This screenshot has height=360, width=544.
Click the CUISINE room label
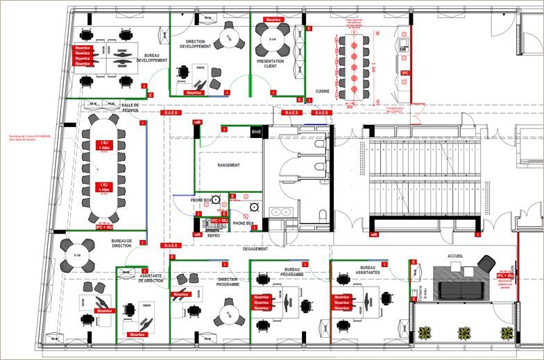323,91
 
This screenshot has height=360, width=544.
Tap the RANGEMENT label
228,165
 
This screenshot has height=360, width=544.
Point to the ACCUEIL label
456,256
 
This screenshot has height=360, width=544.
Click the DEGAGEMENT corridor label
255,248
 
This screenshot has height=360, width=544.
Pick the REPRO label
214,236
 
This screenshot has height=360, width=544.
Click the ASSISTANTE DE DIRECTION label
151,278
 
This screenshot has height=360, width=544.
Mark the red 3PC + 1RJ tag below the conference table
103,226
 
